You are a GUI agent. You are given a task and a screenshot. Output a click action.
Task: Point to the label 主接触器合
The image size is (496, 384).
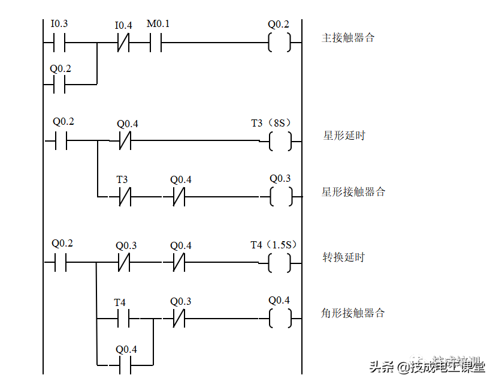tap(350, 38)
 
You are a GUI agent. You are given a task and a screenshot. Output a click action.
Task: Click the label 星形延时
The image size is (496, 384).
tap(352, 136)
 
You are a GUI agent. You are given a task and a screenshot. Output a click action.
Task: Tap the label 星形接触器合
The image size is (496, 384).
tap(365, 192)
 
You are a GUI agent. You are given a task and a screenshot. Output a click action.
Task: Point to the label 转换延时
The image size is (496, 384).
tap(351, 257)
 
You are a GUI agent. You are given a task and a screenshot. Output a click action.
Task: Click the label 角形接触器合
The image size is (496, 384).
tap(365, 313)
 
